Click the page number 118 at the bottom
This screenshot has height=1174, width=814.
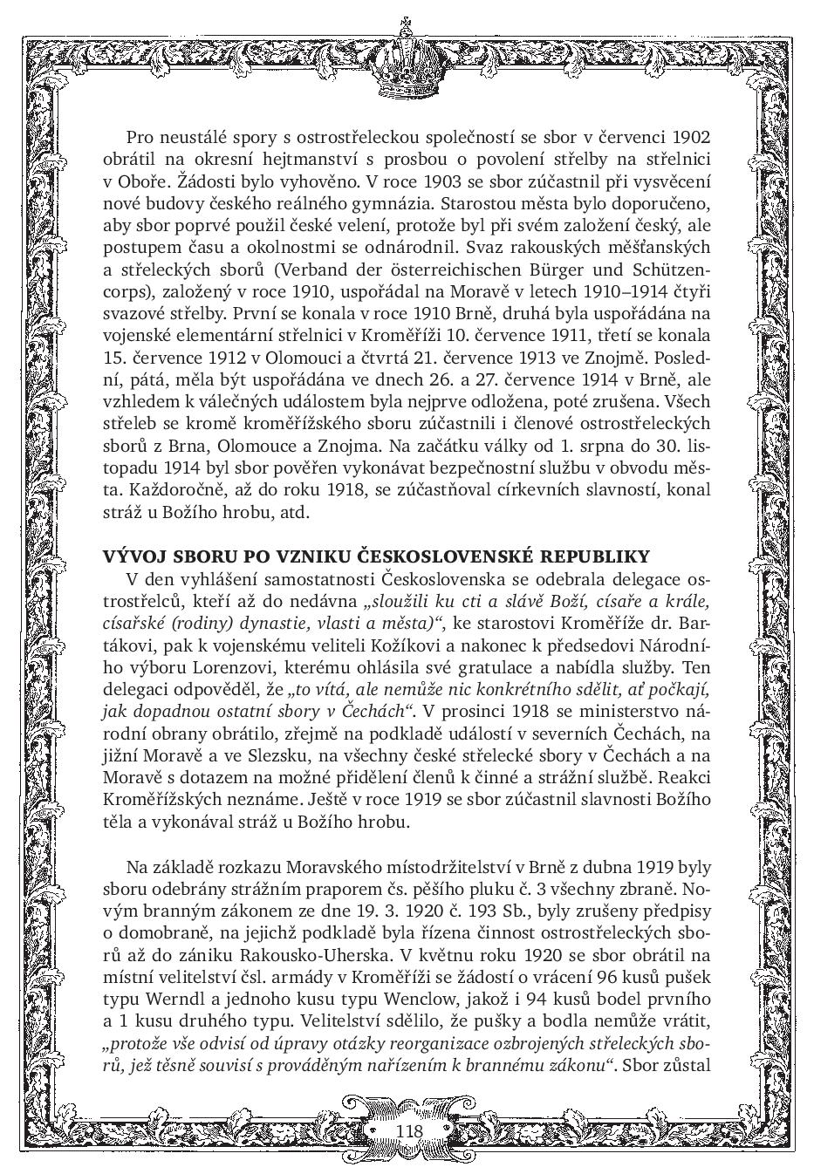(408, 1131)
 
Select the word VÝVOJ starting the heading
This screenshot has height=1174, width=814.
(128, 556)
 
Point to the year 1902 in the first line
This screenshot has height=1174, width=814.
(692, 137)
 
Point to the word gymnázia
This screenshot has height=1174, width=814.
(390, 203)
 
